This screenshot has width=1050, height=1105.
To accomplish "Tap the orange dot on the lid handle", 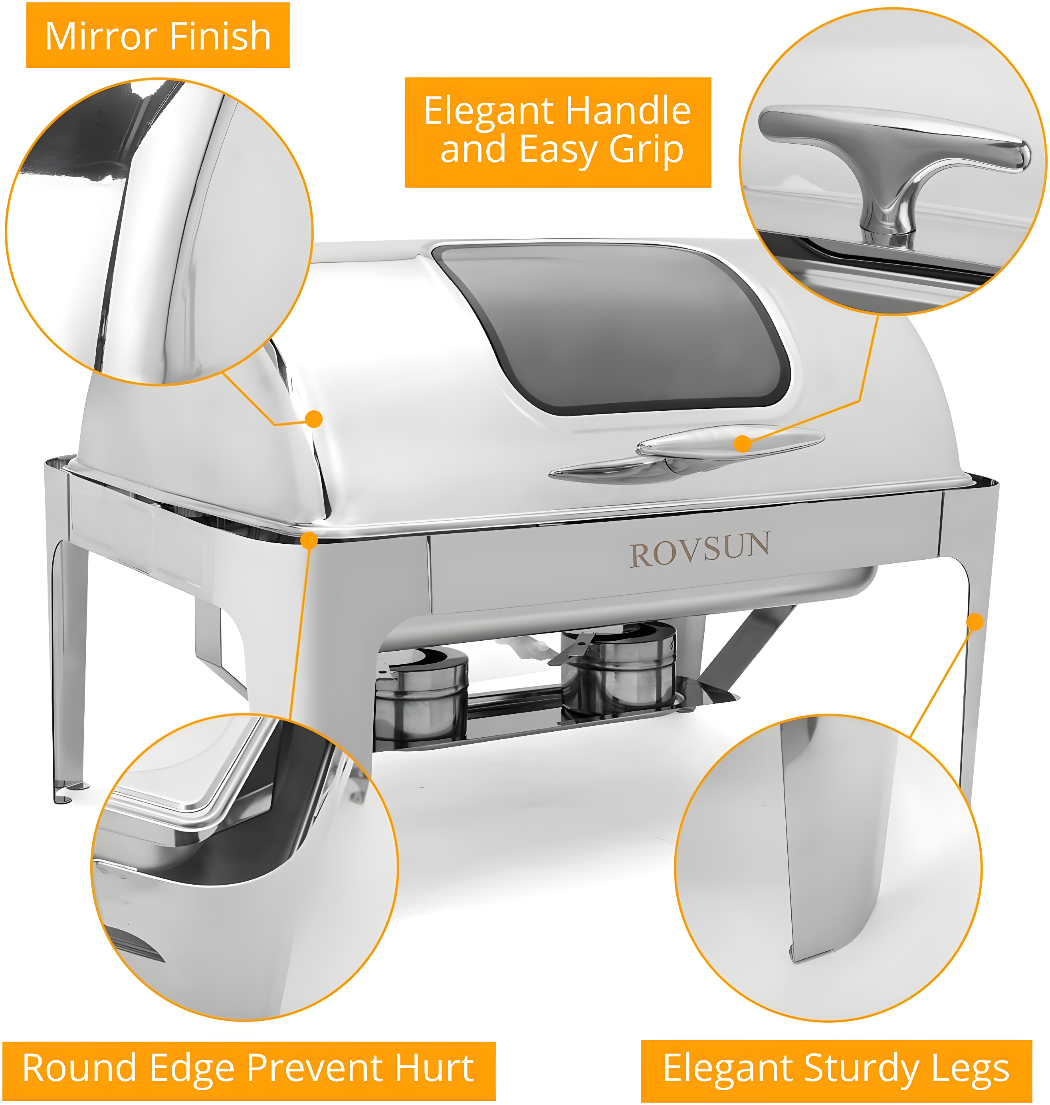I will [x=742, y=444].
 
